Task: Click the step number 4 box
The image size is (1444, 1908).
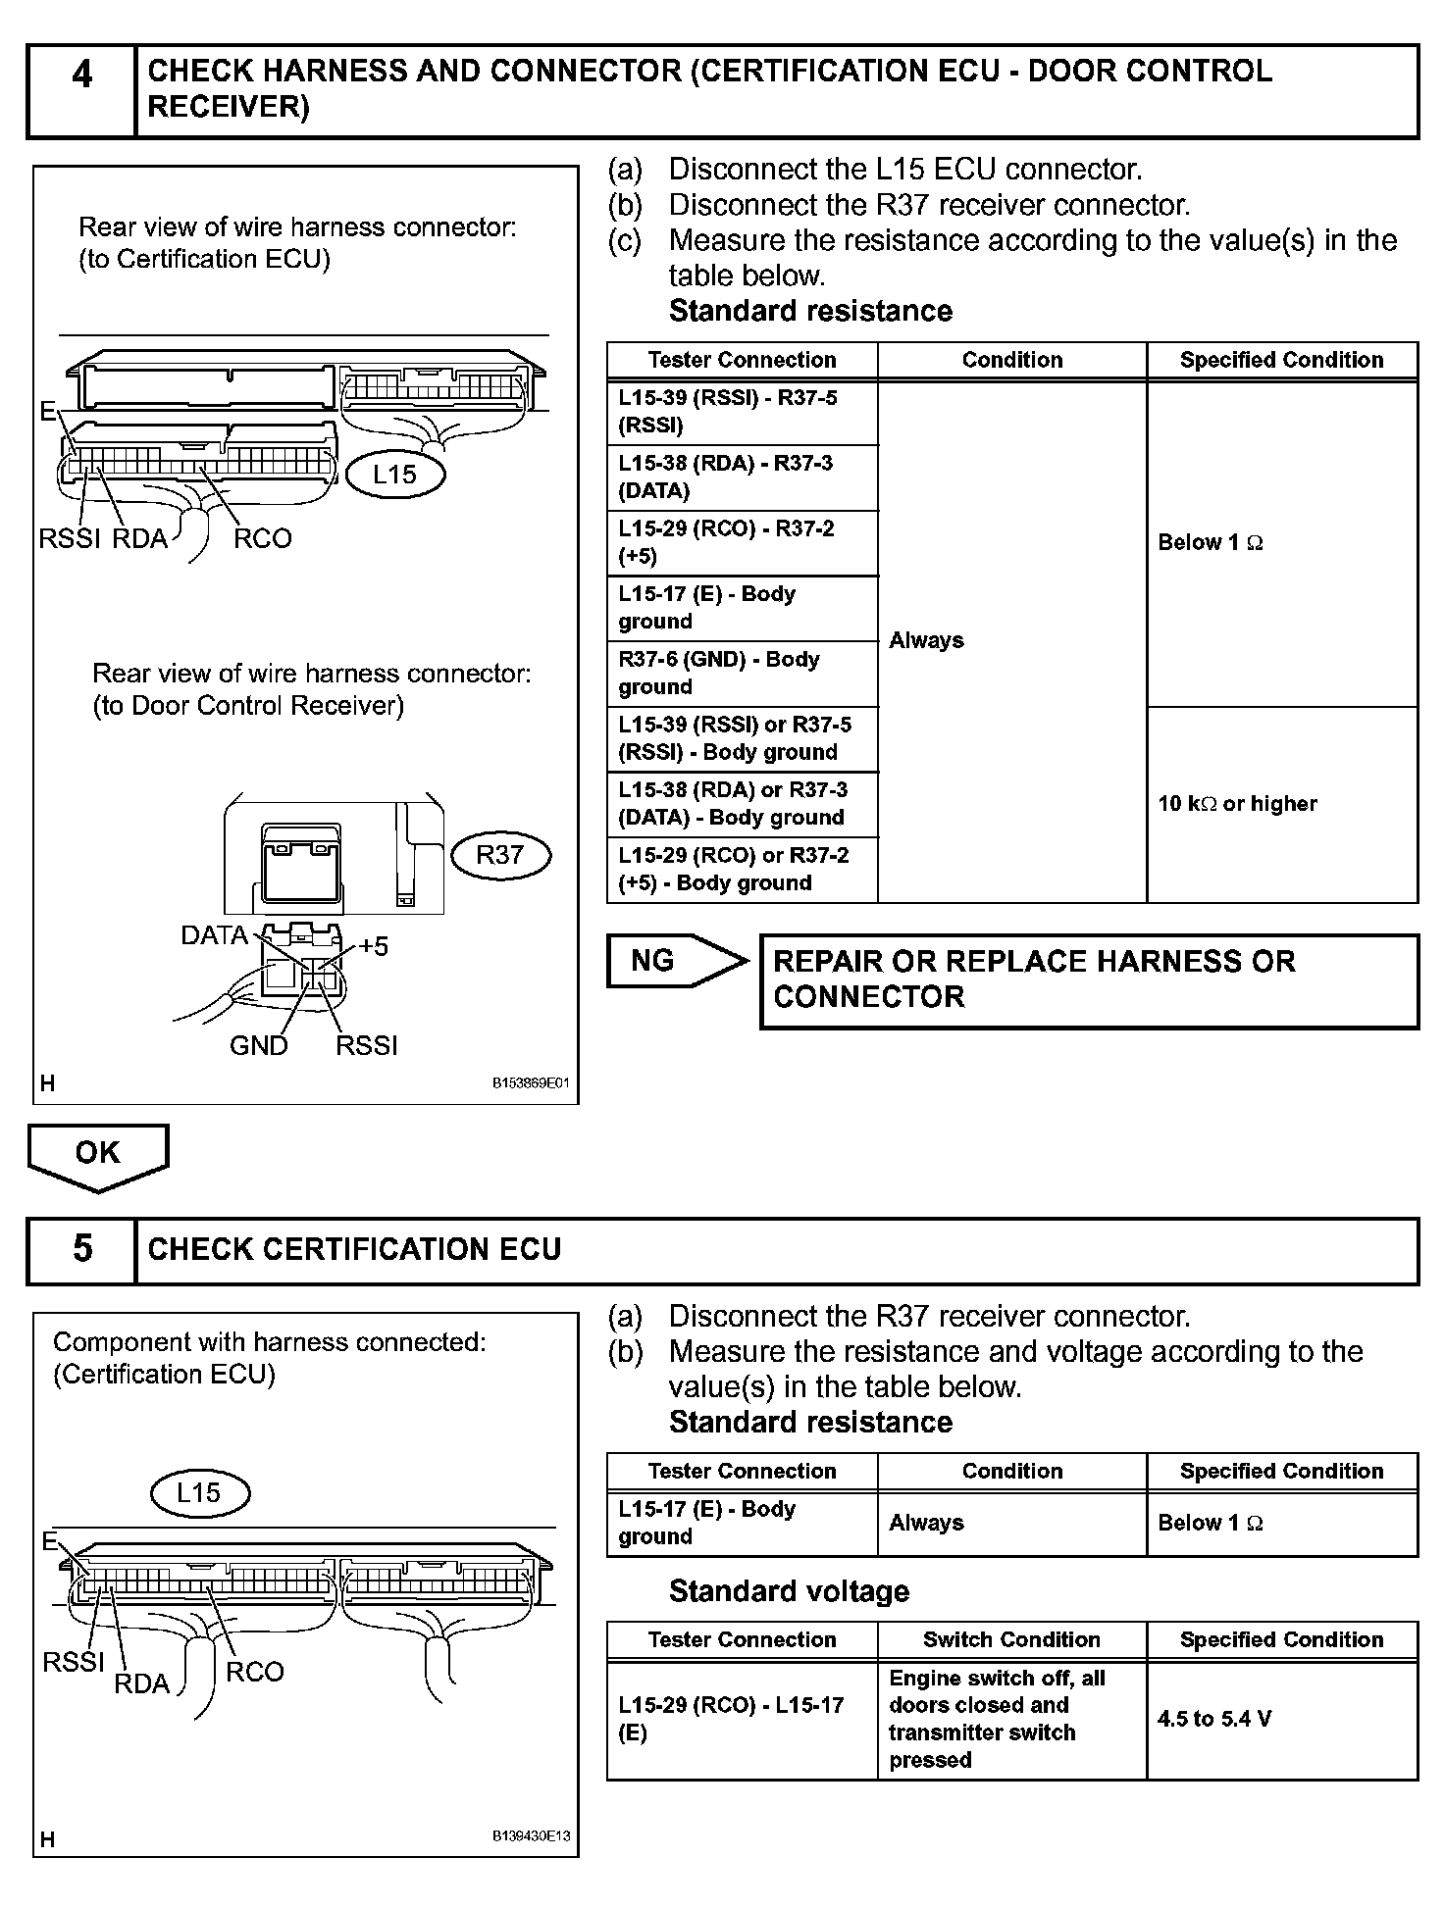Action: tap(82, 90)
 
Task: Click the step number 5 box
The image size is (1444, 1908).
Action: tap(82, 1250)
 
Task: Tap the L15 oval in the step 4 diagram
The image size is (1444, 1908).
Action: tap(395, 475)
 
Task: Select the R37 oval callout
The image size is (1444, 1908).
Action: tap(500, 855)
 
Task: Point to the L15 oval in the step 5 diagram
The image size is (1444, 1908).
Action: tap(199, 1493)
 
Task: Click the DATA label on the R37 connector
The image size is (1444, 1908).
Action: tap(214, 935)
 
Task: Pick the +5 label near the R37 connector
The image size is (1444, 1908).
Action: tap(374, 946)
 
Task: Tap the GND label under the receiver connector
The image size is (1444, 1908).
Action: tap(258, 1046)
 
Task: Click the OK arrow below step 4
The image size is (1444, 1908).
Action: tap(97, 1155)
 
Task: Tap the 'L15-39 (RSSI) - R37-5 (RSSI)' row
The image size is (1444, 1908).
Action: tap(742, 412)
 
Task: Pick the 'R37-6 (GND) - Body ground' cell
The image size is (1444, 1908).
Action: tap(742, 674)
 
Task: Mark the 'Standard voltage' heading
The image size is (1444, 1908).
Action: tap(789, 1591)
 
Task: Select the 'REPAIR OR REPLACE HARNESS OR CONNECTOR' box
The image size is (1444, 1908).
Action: tap(1089, 979)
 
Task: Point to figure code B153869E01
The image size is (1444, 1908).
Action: tap(530, 1084)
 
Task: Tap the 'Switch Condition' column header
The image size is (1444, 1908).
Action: tap(1011, 1639)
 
